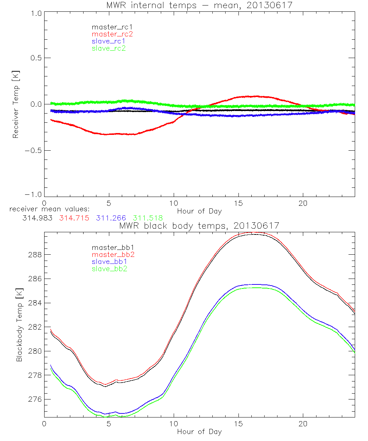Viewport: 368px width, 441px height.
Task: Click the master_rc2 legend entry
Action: click(x=112, y=34)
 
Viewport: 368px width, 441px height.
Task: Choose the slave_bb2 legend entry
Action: click(x=109, y=269)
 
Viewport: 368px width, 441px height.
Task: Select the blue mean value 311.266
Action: click(x=111, y=218)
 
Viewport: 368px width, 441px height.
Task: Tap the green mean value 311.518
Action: click(x=148, y=218)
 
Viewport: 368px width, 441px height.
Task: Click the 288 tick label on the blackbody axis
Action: click(x=35, y=254)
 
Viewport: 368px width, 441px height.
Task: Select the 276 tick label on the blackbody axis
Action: click(x=35, y=399)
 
